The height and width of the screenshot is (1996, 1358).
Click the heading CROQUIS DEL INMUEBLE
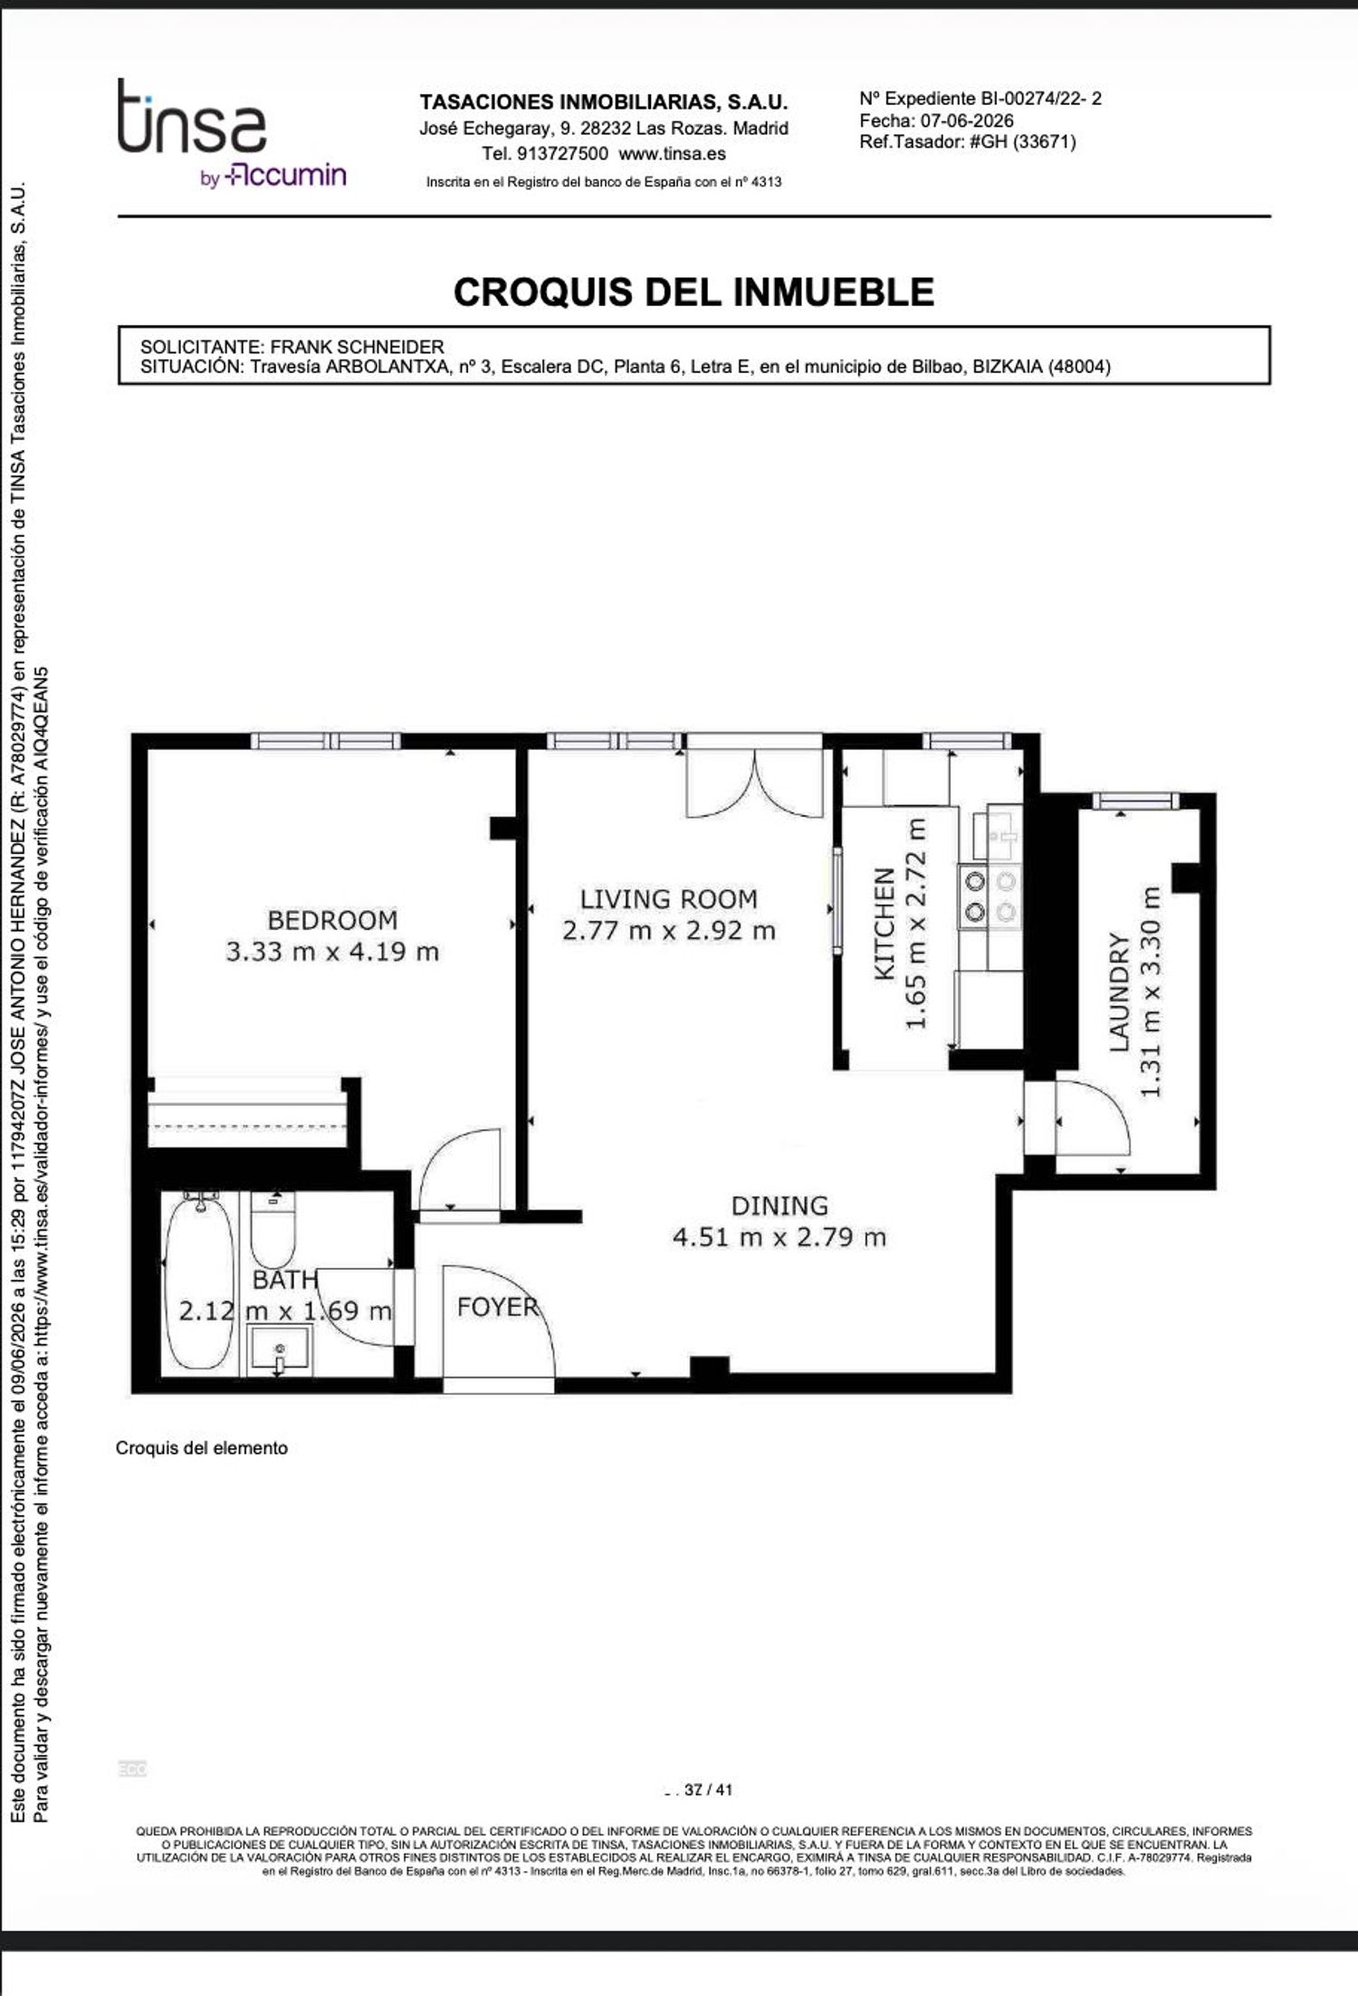tap(693, 292)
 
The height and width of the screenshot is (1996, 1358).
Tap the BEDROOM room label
tap(332, 920)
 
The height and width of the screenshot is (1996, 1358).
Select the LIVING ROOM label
tap(669, 899)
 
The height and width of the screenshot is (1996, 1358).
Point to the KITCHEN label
tap(885, 924)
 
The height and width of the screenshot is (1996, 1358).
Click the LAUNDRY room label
tap(1120, 992)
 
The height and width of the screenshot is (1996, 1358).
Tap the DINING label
tap(779, 1205)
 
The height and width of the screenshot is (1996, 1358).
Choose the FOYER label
tap(497, 1307)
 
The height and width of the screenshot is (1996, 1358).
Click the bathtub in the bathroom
tap(197, 1282)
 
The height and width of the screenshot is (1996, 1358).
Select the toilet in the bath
tap(273, 1230)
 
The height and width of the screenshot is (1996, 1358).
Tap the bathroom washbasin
tap(280, 1350)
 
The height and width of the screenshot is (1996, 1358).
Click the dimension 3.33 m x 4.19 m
tap(332, 952)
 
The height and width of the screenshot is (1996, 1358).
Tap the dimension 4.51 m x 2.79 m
tap(779, 1237)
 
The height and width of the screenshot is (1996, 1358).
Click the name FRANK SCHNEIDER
tap(358, 347)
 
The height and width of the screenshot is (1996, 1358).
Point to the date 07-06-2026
tap(967, 120)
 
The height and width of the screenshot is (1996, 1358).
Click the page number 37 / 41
tap(708, 1790)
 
